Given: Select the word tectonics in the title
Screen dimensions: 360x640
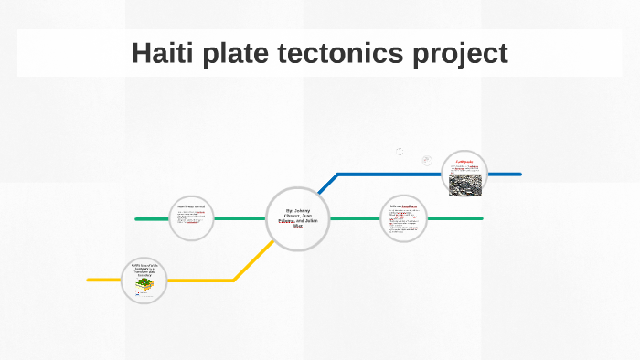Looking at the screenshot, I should [x=345, y=53].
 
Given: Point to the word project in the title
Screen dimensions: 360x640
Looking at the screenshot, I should [x=463, y=54].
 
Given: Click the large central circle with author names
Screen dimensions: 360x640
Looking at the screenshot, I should [x=297, y=218].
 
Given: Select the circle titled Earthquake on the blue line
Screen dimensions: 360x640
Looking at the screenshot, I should [x=464, y=174].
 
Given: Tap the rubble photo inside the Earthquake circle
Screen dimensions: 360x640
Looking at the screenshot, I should [x=464, y=183].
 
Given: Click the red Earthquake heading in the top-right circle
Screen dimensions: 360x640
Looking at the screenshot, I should [x=464, y=162].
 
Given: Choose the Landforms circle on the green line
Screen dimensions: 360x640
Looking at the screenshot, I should [x=403, y=218].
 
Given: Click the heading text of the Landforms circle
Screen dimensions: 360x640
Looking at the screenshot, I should [x=403, y=206].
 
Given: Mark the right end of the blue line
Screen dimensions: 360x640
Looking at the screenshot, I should [x=519, y=174].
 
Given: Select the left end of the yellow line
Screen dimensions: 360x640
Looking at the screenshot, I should [x=90, y=280].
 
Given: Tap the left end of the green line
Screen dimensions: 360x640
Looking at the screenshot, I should [x=137, y=219].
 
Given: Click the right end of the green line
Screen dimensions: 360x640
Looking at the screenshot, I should [x=481, y=219].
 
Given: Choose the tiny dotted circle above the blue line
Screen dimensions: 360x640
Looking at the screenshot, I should [x=400, y=152].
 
